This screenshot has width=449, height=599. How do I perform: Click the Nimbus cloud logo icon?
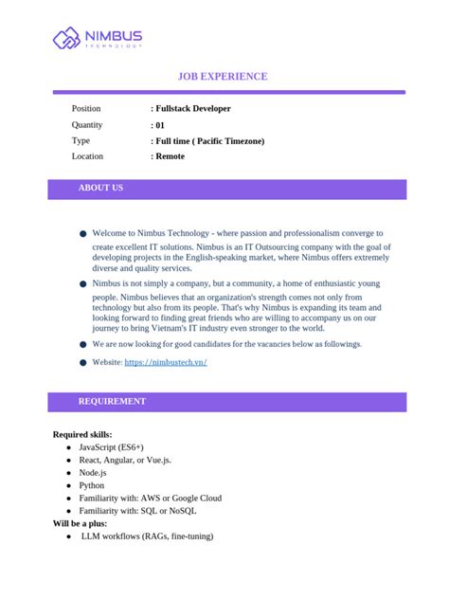tap(66, 39)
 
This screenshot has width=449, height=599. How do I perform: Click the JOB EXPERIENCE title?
tap(224, 76)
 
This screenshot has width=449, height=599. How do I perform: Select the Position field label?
tap(86, 109)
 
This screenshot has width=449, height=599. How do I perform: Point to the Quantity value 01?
tap(159, 125)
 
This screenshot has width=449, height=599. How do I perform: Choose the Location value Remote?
tap(170, 156)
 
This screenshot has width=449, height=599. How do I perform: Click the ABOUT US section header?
tap(100, 189)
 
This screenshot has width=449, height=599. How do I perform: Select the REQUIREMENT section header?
tap(112, 402)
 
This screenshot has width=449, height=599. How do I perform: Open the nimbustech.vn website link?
tap(166, 362)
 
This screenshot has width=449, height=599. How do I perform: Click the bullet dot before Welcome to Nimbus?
tap(82, 233)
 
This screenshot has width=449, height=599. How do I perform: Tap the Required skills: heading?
tap(82, 434)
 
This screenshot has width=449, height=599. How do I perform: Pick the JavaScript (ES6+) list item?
tap(112, 446)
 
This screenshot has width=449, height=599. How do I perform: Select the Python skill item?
tap(93, 484)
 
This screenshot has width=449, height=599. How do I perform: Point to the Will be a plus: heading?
tap(80, 523)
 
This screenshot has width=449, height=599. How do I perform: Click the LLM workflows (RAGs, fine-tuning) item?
tap(147, 536)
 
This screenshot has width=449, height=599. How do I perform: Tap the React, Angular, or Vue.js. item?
tap(125, 460)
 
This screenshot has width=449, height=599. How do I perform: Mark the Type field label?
tap(81, 141)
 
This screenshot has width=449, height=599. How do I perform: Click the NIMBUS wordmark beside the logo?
tap(112, 36)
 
